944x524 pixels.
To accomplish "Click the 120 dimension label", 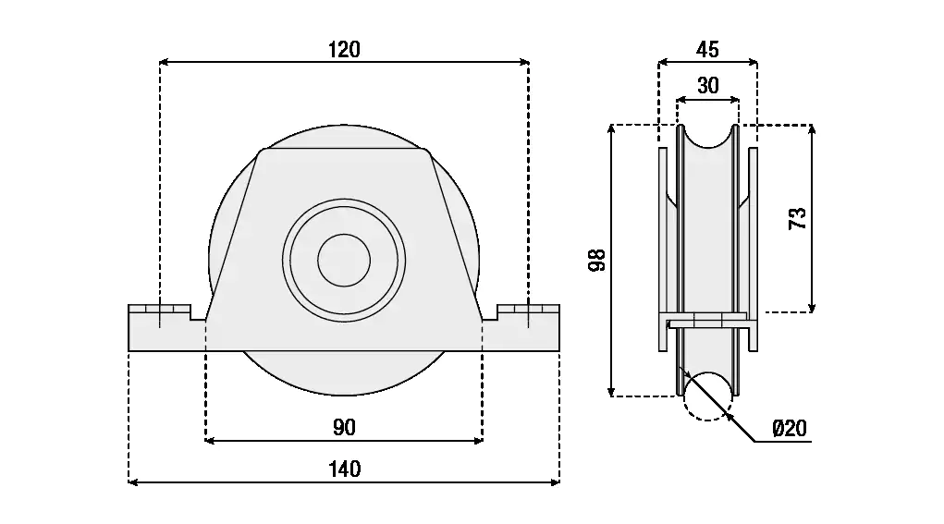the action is [x=344, y=49].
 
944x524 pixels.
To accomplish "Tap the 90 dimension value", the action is [x=344, y=428].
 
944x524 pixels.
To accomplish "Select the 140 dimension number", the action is [x=344, y=469].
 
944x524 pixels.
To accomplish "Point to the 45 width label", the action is [x=707, y=49].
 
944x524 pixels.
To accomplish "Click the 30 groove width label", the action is [x=708, y=85].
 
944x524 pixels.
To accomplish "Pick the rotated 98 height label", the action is [x=596, y=260].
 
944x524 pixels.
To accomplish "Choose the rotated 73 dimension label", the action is [x=797, y=218].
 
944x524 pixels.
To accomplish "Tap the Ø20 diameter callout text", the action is [x=790, y=428].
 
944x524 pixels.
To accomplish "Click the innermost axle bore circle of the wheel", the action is [x=344, y=261].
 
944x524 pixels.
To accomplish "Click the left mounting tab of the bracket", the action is [x=160, y=328].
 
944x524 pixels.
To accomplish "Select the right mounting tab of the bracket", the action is [x=527, y=328].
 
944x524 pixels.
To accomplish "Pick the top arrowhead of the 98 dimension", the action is [x=612, y=130].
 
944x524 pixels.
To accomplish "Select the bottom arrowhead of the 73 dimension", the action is [x=812, y=307].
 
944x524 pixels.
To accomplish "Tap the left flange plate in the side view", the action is [x=663, y=250].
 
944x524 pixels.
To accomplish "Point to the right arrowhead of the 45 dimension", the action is [x=752, y=61].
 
